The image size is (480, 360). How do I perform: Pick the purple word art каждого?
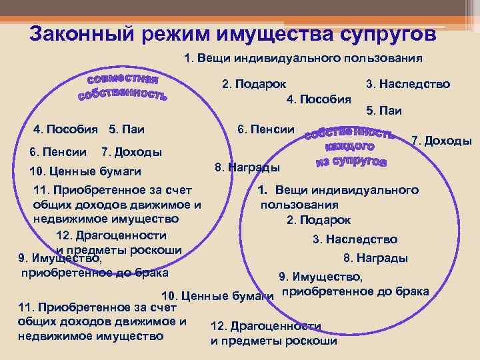[349, 147]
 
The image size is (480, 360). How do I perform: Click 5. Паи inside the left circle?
[126, 129]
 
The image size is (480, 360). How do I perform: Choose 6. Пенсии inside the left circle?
[59, 152]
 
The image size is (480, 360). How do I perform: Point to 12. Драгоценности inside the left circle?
[111, 235]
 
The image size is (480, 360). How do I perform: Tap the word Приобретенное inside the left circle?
[101, 192]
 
